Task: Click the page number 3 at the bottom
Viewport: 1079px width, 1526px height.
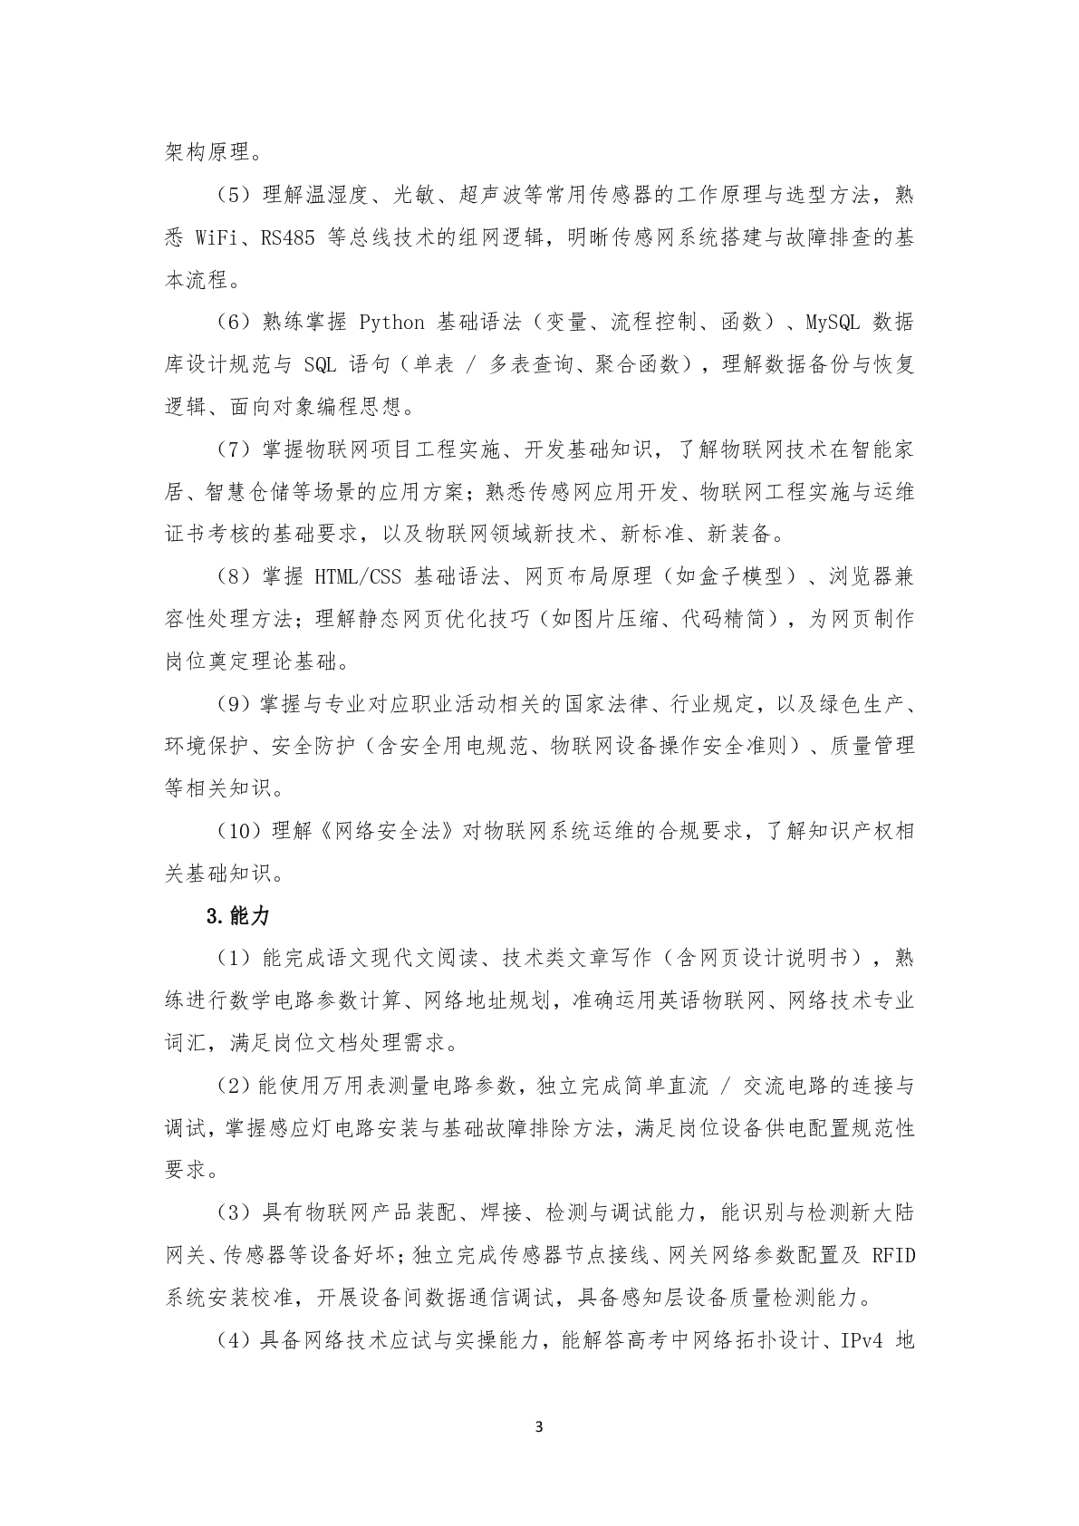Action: (539, 1427)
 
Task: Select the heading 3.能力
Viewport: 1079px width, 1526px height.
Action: (238, 916)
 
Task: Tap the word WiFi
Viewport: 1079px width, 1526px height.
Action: (216, 237)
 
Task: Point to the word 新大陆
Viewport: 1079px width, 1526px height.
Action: (881, 1213)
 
